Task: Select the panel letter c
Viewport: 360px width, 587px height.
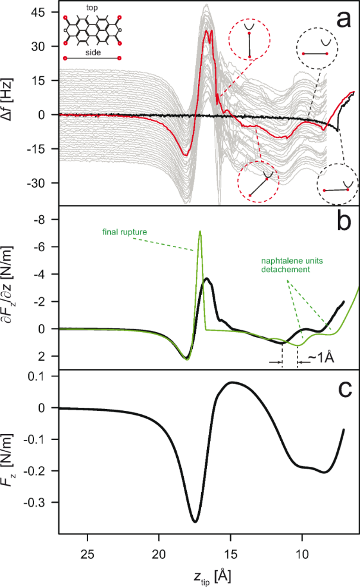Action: [x=344, y=388]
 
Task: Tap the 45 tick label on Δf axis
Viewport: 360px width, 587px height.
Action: [x=47, y=13]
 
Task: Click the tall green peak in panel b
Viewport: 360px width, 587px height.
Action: [x=200, y=232]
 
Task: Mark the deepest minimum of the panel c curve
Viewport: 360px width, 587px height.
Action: [x=195, y=521]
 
